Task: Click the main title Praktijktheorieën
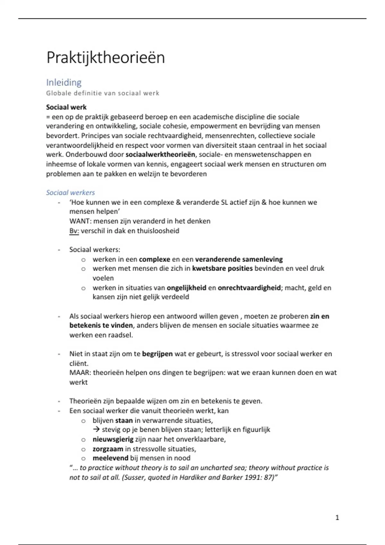106,58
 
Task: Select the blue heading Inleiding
64,82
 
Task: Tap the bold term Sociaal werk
66,107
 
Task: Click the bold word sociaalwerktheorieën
160,155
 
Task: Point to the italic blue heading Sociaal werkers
70,192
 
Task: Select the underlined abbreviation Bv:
74,231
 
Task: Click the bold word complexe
154,259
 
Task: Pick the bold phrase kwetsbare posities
222,268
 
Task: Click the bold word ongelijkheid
186,288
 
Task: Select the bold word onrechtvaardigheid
249,288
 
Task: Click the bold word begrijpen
157,354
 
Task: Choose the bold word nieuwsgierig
113,439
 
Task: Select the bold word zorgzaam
108,449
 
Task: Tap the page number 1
337,517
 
